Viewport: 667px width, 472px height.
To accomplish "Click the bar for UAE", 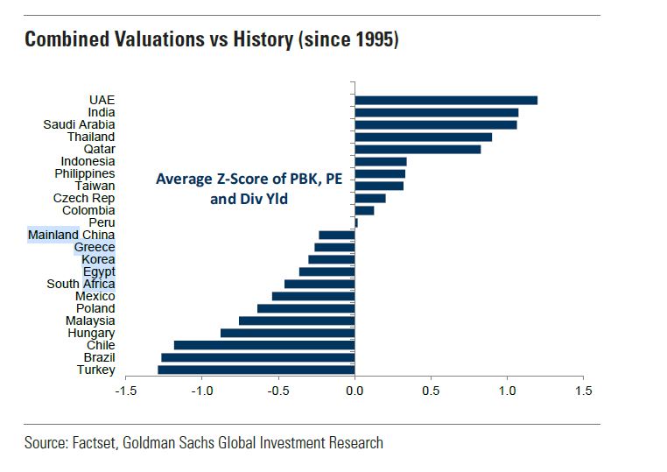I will (446, 100).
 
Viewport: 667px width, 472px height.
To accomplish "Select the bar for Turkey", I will (256, 370).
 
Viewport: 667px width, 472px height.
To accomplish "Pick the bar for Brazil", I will (257, 357).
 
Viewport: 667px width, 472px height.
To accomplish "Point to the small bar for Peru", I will (356, 222).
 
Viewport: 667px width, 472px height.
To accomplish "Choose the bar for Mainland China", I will (337, 235).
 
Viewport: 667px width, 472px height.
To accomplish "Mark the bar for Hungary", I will (287, 333).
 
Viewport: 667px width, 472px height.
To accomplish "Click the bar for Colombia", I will (364, 210).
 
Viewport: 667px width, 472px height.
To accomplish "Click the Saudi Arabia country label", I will (79, 124).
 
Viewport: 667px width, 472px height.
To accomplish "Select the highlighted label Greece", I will (94, 247).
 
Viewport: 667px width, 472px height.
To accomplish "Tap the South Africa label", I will (81, 284).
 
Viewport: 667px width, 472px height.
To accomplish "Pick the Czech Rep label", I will (85, 198).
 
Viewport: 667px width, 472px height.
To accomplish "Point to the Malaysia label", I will (89, 321).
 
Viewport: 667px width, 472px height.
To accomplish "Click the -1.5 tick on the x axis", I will (125, 390).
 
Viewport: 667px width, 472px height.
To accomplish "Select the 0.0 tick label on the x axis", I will (355, 390).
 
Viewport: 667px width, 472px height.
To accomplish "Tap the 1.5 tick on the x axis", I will (582, 390).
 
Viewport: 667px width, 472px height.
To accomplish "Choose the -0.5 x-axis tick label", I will (278, 390).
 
